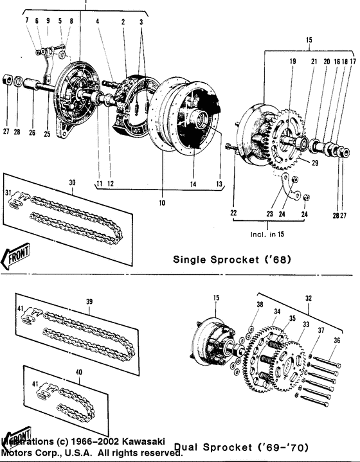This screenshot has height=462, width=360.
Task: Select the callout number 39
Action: pos(90,301)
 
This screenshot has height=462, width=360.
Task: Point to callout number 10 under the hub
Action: pos(162,203)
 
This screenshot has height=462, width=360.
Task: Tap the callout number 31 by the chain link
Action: pos(8,193)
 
